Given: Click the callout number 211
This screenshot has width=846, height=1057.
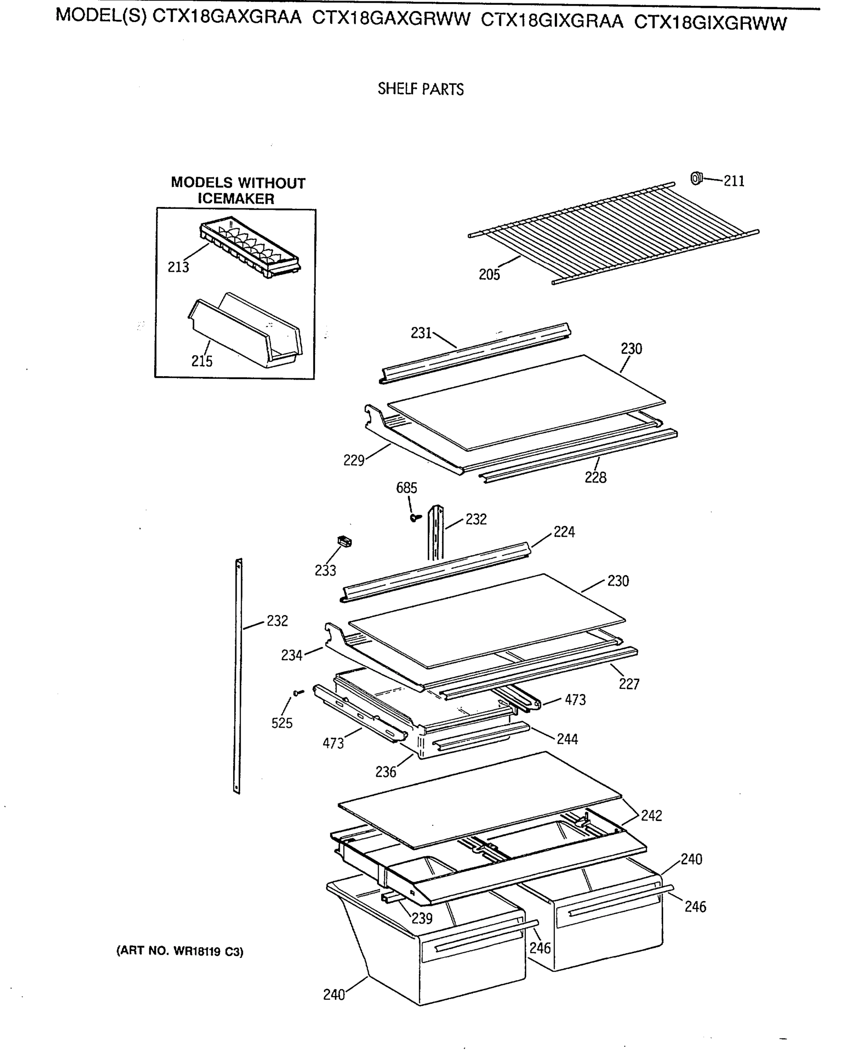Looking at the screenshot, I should (x=734, y=181).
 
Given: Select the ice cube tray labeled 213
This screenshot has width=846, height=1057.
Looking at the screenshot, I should (x=250, y=248).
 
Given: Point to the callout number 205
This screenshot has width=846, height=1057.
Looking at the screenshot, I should (x=489, y=274).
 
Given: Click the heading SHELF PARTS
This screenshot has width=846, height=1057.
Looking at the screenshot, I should (x=420, y=89).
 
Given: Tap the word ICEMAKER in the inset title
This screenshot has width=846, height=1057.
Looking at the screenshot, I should (x=235, y=199).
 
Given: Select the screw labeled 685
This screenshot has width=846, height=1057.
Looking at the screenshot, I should (x=416, y=517).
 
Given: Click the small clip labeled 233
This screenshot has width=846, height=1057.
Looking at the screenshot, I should (x=345, y=541).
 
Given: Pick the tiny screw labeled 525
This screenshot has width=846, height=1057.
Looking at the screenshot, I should (x=298, y=692).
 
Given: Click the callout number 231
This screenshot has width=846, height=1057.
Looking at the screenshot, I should (x=421, y=333).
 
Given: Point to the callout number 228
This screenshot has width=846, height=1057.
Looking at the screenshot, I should (x=595, y=477).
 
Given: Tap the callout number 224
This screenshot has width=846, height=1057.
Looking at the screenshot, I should (x=564, y=532).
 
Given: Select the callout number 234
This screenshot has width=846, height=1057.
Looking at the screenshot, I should (x=291, y=655).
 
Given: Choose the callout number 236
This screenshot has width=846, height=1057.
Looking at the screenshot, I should (x=386, y=772).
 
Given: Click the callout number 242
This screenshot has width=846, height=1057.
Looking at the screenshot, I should (x=651, y=815).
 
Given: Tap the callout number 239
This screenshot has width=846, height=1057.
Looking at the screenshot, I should (x=422, y=918).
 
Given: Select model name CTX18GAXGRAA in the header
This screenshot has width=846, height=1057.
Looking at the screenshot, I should (x=227, y=18).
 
